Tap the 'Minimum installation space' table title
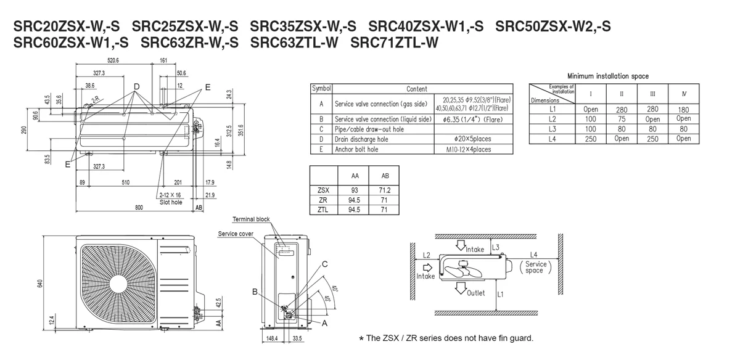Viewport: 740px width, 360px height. tap(607, 76)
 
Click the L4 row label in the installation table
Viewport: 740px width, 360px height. tap(552, 139)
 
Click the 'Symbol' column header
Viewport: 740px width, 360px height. tap(321, 89)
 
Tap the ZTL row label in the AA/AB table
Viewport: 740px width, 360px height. tap(323, 210)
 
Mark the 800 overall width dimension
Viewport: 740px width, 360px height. tap(139, 208)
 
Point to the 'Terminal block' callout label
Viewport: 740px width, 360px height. tap(251, 219)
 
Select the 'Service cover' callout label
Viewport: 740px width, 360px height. tap(236, 234)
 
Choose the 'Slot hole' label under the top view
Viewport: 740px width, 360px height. tap(171, 202)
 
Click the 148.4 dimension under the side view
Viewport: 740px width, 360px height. tap(272, 338)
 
